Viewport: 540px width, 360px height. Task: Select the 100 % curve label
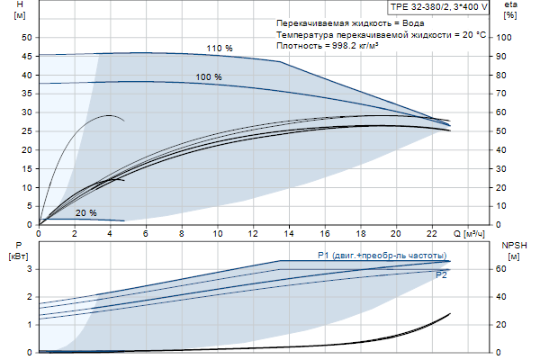tap(209, 77)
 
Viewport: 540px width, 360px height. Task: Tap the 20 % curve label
tap(86, 213)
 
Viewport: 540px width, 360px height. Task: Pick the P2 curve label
tap(441, 275)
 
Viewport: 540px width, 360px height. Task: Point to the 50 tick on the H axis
tap(25, 37)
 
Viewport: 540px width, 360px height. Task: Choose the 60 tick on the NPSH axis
tap(504, 268)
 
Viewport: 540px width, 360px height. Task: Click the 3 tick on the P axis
tap(30, 268)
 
